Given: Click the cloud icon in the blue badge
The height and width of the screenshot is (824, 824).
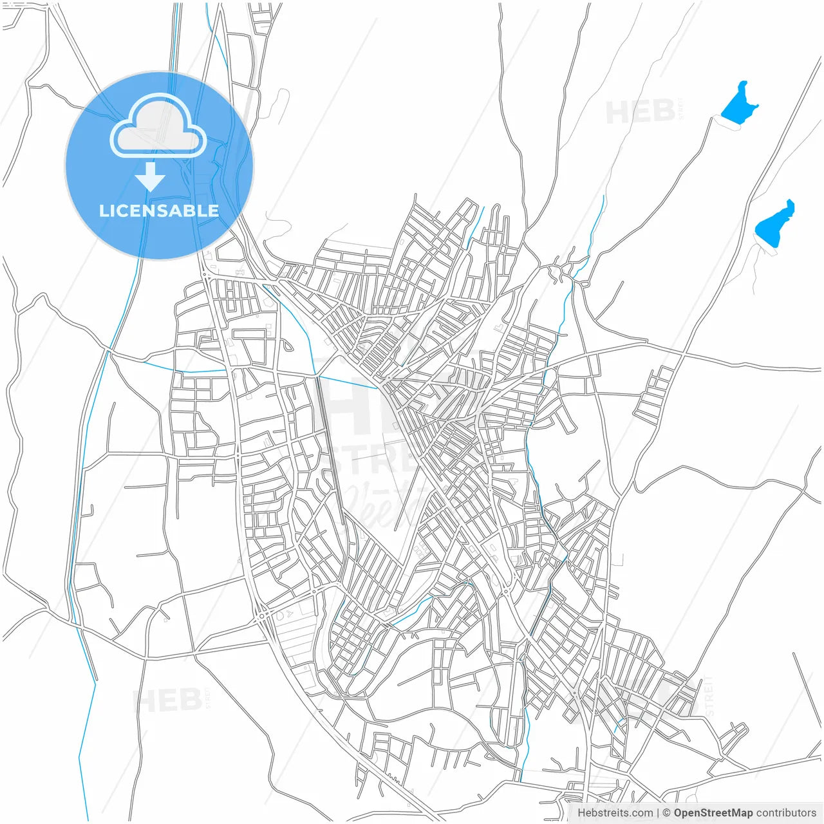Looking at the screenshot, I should pos(158,126).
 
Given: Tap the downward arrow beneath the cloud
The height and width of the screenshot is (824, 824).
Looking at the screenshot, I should pos(150,176).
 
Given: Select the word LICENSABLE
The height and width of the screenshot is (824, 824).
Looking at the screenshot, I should pos(158,211).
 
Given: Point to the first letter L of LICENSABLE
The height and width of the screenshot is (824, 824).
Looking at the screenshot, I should pos(104,211).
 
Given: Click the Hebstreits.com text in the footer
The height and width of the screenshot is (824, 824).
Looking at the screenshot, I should pos(615,812).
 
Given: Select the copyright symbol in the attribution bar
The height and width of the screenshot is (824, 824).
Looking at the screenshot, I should pos(666,812).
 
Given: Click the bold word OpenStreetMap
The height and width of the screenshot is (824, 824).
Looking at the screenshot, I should pos(713,812).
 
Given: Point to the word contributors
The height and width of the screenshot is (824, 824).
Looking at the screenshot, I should pos(786,812).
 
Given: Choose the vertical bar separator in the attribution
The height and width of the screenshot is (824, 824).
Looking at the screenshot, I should pos(657,812).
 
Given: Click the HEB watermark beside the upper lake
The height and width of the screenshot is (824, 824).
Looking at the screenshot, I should pos(640,113).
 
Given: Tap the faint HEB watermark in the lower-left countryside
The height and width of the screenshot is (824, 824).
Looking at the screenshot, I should pos(167,700).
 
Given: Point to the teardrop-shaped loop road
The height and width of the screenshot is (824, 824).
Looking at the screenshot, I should pos(287,345).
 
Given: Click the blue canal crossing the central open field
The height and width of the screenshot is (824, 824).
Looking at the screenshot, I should pos(348,380).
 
